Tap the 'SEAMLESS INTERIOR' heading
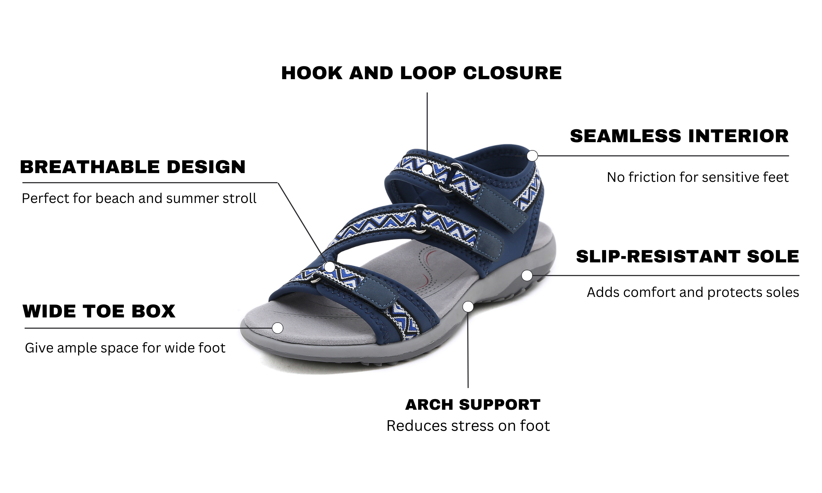point(679,136)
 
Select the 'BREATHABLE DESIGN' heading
point(133,167)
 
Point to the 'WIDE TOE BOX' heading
point(99,311)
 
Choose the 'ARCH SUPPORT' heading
point(473,405)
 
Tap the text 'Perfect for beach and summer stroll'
point(139,198)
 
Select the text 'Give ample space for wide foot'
point(125,348)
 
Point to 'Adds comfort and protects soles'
point(693,292)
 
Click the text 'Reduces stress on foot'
point(468,426)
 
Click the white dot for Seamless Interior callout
point(532,156)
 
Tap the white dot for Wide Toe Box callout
point(278,328)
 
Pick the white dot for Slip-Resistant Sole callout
point(527,276)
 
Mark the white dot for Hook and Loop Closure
point(427,170)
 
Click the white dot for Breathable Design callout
point(330,267)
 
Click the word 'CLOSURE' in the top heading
point(512,73)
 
